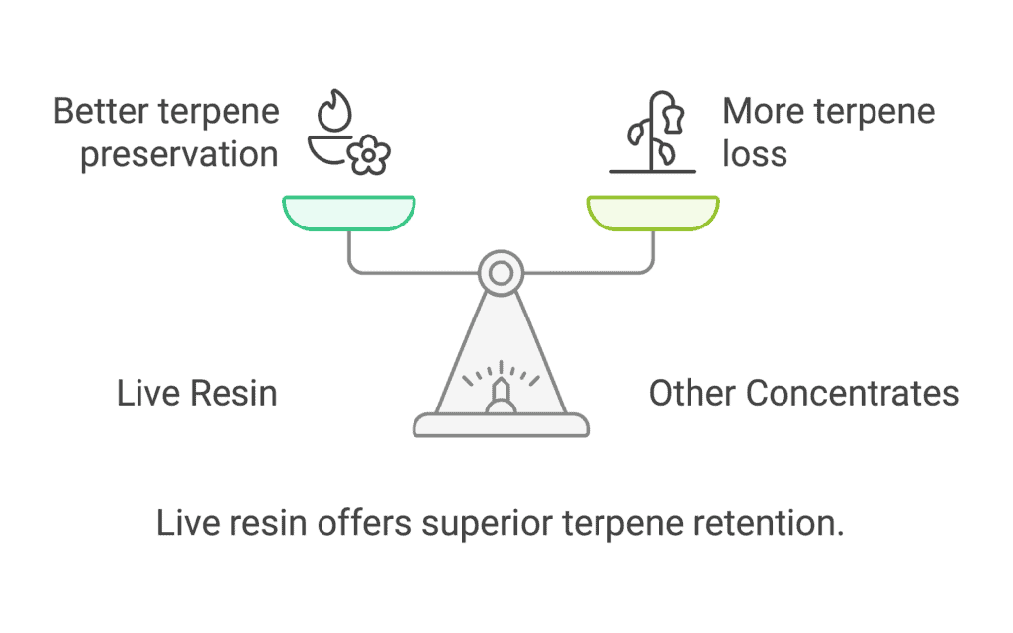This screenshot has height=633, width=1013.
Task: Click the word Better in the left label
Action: coord(101,111)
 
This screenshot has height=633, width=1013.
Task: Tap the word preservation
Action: coord(179,156)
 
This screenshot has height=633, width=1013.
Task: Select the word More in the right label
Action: coord(765,111)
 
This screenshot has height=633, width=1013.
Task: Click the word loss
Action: coord(755,154)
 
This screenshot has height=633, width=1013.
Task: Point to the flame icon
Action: coord(334,110)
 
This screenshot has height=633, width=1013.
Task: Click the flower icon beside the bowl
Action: coord(368,155)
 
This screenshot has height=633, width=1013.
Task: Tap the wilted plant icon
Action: coord(654,133)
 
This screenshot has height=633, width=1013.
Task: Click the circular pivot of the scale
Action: coord(501,273)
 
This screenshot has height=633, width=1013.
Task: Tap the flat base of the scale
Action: coord(501,425)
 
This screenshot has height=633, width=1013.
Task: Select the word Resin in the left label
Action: coord(233,394)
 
